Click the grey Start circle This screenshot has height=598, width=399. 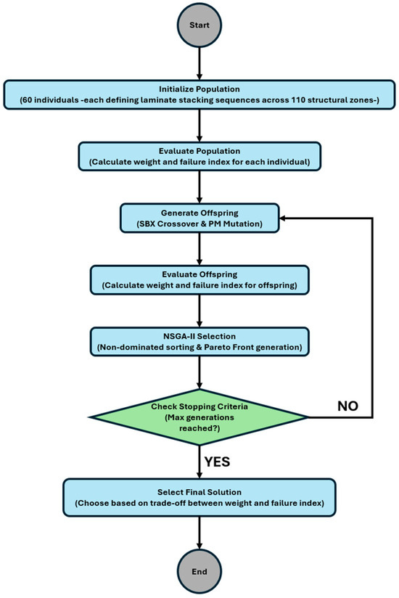point(199,25)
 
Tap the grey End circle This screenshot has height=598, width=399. point(199,572)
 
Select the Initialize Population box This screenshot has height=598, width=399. point(199,94)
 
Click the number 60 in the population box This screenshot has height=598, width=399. point(27,100)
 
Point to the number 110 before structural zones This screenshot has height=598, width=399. point(298,100)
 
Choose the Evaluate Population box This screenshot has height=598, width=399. point(199,156)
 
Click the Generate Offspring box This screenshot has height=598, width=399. point(199,218)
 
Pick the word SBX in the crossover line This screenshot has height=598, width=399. point(147,224)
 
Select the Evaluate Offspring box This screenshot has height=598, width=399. point(199,280)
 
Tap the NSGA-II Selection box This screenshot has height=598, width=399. point(199,342)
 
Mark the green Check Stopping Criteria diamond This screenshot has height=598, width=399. point(199,417)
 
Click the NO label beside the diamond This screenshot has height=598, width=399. point(348,406)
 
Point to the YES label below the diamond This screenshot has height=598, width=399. point(217,462)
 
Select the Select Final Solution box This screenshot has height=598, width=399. point(199,498)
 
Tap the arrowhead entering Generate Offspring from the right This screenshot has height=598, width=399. point(283,218)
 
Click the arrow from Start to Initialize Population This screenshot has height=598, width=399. point(199,64)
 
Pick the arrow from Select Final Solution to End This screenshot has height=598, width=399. point(199,533)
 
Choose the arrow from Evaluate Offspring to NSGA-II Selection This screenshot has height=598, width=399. point(199,311)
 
